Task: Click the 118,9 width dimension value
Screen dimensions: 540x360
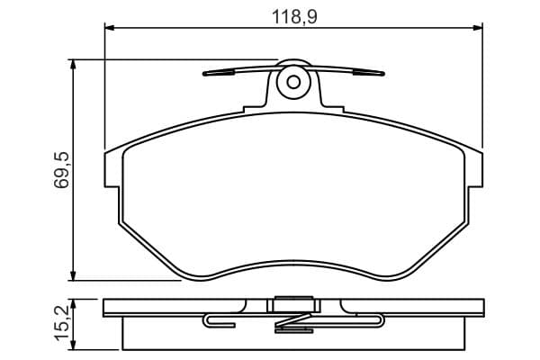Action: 294,16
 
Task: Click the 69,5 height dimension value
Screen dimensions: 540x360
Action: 61,170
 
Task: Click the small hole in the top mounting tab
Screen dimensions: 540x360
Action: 293,82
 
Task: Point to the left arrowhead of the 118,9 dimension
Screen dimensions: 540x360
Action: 109,28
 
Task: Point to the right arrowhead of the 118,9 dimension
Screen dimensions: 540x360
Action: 478,28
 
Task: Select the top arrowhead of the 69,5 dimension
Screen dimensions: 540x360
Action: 73,65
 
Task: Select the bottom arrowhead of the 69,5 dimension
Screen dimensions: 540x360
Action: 73,275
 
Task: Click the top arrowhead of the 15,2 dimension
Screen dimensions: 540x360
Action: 73,304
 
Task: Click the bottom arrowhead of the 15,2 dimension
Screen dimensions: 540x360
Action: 73,345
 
